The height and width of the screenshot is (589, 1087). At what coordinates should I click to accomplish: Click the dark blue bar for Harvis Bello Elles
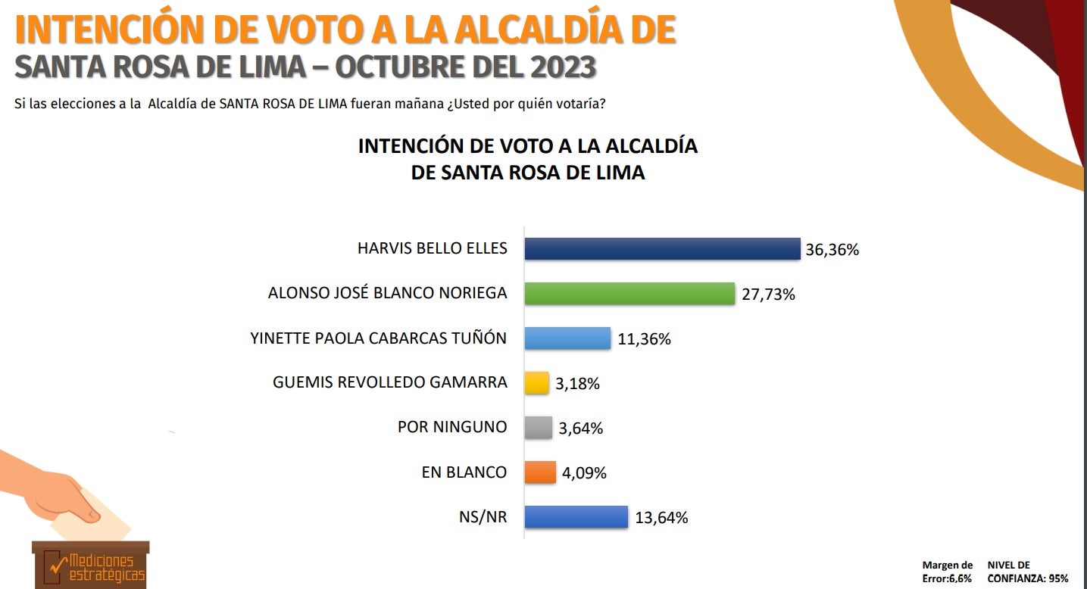point(662,249)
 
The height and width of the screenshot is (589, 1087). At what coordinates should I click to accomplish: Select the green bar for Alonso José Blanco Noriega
point(629,294)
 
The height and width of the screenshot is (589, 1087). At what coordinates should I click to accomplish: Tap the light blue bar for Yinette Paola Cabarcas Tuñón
point(567,338)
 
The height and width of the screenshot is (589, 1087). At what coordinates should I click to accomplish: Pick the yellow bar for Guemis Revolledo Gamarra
point(536,383)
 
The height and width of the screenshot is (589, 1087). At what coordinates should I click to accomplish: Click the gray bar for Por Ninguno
point(538,428)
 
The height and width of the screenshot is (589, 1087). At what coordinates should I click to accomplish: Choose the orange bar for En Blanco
point(540,472)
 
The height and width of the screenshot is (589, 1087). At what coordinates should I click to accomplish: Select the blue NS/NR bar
point(576,517)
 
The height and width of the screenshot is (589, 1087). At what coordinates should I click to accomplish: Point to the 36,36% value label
point(832,250)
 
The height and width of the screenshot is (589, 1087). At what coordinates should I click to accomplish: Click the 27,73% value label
point(767,294)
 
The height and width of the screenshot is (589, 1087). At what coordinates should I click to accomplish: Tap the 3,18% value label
point(577,384)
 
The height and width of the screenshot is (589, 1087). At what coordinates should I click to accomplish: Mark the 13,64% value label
point(661,518)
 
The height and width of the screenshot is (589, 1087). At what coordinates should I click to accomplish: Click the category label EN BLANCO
point(464,472)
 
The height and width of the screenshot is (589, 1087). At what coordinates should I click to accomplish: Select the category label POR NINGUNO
point(451,427)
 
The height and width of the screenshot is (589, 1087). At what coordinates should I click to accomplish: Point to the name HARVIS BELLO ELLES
point(432,248)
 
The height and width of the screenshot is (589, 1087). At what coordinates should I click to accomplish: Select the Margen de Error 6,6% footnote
point(947,572)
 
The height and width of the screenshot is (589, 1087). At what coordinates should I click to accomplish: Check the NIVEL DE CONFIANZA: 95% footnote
point(1027,572)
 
